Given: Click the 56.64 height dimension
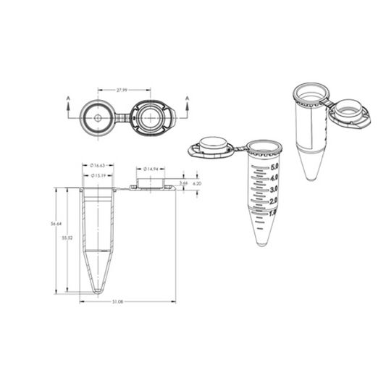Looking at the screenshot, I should pos(55,225).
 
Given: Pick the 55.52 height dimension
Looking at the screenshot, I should pos(67,237).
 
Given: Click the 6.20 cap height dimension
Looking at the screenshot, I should pos(197,184).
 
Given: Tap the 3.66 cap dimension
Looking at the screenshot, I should pos(184,184).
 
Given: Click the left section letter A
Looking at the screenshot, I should pos(68,97).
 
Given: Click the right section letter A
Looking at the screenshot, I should pos(188,97).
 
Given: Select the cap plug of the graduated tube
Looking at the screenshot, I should pos(212,144).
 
